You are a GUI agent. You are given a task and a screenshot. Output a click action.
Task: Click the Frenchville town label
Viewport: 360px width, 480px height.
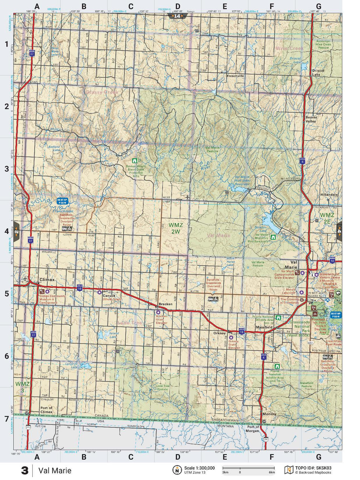point(235,76)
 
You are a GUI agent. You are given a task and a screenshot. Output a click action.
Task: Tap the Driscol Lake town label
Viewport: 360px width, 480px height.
point(318,73)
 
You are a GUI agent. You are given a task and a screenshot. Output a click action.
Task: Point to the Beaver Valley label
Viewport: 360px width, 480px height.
point(311,119)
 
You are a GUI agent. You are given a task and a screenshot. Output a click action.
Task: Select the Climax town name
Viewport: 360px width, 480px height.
point(47,279)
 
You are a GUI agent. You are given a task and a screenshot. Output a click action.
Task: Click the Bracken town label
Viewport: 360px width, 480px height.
point(165,304)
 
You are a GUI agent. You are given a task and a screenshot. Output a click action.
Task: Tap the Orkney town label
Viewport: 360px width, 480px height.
point(219,333)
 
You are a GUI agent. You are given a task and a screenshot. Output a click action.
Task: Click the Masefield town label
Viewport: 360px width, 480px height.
point(264,327)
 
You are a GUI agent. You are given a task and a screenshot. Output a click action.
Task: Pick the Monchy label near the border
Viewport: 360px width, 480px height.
point(269,414)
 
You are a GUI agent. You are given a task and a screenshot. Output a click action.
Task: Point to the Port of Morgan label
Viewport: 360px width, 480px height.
point(253,429)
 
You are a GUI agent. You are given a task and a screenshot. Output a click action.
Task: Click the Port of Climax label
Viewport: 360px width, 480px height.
point(46,410)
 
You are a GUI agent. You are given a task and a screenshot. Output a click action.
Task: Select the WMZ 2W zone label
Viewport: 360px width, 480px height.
point(176,228)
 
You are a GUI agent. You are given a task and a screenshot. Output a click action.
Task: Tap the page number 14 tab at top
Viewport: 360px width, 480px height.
point(177,16)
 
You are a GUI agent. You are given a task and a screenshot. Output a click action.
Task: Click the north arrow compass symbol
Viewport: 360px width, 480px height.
point(177,470)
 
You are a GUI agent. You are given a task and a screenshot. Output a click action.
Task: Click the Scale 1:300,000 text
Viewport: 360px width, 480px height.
point(199,468)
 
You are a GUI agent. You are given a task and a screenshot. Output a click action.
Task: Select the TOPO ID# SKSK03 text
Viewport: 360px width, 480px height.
point(313,468)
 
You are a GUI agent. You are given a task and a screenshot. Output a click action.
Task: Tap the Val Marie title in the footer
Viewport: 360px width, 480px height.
point(55,471)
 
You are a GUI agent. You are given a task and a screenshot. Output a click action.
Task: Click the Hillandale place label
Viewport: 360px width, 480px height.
point(329,195)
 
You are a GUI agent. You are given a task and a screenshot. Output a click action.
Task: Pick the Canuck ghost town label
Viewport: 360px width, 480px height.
point(109,295)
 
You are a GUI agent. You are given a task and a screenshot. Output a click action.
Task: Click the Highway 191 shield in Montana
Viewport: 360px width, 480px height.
point(265,439)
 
